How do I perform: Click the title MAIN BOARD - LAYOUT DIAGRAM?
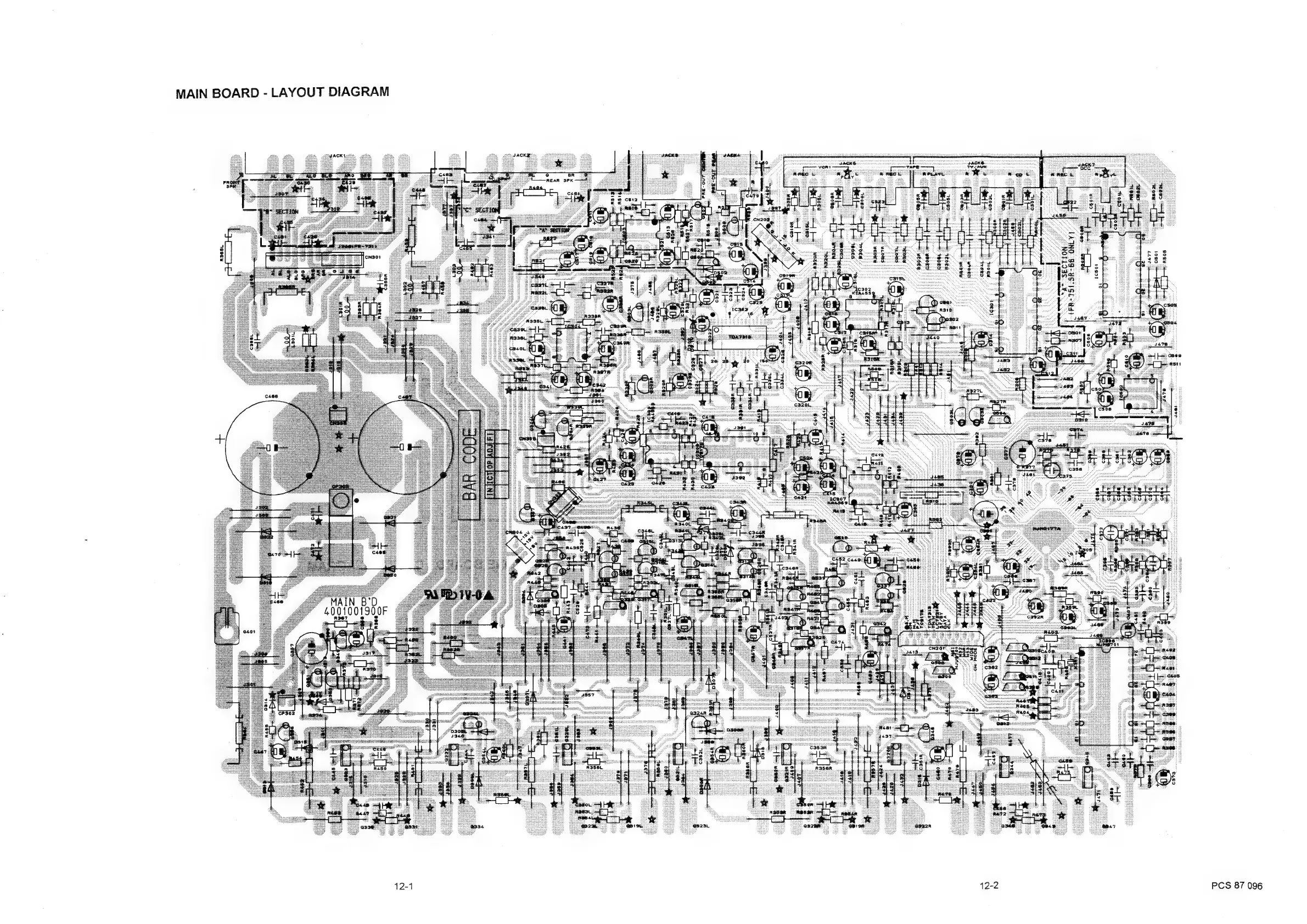(x=282, y=92)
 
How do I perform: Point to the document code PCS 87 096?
(x=1236, y=886)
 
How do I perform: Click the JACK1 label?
(x=337, y=155)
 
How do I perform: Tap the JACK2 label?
(x=521, y=155)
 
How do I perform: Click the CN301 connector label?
(x=373, y=257)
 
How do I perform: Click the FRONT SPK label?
(x=231, y=184)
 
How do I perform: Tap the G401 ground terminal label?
(x=249, y=632)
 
